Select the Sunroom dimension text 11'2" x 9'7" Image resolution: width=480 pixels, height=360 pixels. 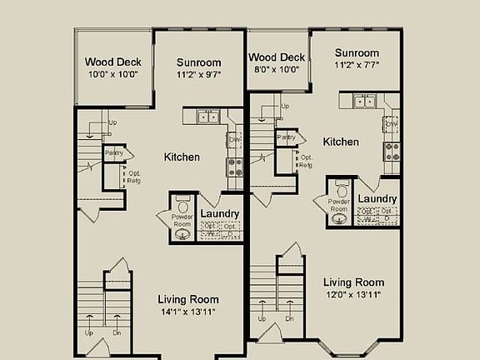point(199,74)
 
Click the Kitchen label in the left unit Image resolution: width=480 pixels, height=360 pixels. point(182,157)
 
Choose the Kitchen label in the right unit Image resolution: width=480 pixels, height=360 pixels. point(341,142)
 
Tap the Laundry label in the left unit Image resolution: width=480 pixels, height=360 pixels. point(220,214)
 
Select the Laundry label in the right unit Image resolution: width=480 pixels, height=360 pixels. point(377,199)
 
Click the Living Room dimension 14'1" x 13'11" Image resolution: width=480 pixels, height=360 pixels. point(188,312)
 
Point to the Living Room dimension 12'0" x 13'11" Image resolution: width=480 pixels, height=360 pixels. point(354,295)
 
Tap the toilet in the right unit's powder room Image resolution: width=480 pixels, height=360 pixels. point(340,187)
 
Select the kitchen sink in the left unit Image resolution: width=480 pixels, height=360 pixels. point(207,117)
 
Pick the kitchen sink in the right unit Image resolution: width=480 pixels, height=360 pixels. point(364,102)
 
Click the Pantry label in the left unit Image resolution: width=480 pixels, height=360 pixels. point(112,153)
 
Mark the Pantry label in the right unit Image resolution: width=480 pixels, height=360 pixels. point(285,137)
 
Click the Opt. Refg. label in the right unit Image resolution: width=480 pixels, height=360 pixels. point(307,161)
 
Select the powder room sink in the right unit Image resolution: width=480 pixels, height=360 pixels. point(338,219)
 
